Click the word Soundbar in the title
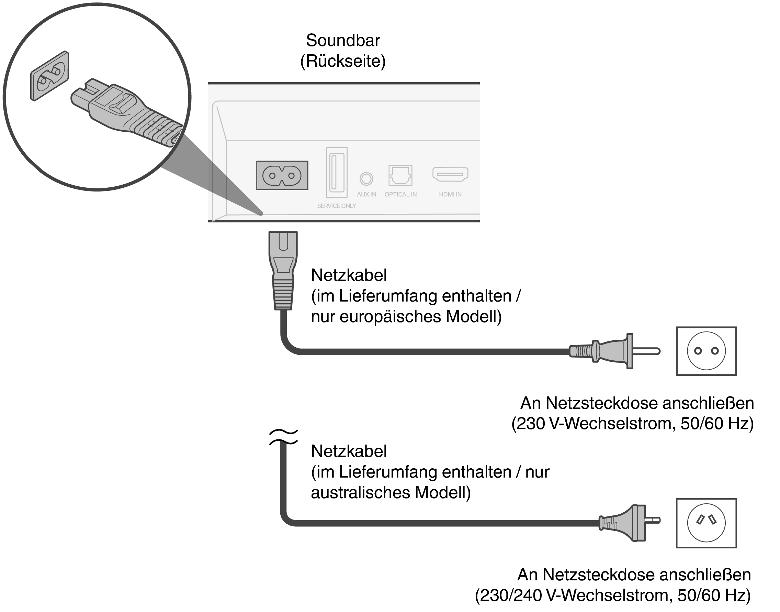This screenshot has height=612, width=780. [342, 40]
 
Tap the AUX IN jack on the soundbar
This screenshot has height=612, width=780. [366, 178]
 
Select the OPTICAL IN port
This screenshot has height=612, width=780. [400, 175]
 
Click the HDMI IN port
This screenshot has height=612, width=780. [450, 175]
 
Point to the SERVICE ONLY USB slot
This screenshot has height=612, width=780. [337, 172]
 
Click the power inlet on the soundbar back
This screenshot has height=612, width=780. [282, 176]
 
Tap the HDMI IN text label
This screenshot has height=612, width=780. [450, 195]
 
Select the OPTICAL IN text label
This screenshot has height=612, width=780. [400, 195]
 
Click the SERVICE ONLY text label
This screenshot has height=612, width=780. [337, 206]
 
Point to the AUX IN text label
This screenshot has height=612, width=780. [366, 195]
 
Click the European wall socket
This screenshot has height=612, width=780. [706, 351]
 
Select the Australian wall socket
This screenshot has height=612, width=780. [706, 523]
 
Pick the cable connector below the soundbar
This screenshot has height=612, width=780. [283, 271]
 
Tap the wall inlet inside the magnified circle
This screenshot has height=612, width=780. [50, 76]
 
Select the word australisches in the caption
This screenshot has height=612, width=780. [360, 493]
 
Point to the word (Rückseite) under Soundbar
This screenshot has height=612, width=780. [342, 61]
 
